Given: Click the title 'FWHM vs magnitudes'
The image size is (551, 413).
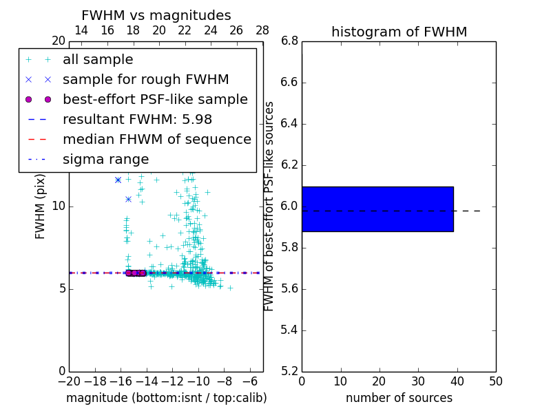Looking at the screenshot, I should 156,15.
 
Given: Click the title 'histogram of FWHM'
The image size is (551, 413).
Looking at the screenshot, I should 399,32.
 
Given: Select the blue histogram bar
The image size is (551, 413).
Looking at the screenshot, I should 377,209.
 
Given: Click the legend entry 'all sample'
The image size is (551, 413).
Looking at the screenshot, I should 98,60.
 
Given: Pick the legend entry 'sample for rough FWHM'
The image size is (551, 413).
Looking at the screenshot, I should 146,79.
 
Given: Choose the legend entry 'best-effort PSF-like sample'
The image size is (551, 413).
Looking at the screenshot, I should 155,99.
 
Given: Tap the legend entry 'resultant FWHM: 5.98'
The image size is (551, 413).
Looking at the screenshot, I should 137,119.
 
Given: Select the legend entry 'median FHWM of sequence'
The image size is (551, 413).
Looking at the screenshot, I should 157,139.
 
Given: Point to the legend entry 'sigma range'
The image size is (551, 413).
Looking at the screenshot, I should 105,159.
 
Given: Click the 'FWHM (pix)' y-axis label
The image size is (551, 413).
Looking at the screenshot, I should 41,205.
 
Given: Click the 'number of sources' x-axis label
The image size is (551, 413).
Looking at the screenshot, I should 399,398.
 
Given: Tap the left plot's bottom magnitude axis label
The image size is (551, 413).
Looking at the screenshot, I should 166,398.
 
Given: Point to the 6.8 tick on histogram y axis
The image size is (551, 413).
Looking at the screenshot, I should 289,41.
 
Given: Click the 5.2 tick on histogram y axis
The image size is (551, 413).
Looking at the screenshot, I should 289,371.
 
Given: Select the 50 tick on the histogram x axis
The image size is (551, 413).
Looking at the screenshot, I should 496,381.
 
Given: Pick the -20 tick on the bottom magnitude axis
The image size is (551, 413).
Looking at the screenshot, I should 69,381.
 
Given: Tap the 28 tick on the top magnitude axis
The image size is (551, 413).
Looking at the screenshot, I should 262,30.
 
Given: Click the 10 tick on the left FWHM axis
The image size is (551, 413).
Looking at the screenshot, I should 59,206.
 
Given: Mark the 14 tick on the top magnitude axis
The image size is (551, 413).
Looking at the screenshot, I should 81,30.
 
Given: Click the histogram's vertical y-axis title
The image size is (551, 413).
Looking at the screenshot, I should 269,205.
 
